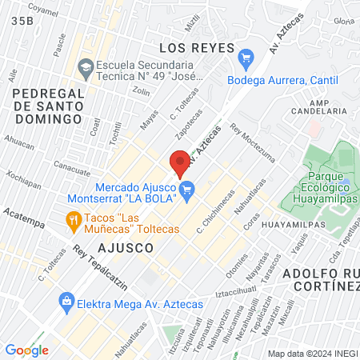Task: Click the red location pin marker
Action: click(180, 163)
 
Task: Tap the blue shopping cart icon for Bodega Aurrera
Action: click(246, 58)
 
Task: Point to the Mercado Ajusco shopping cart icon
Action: click(188, 190)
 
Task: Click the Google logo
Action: click(26, 350)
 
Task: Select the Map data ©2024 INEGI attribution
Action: click(312, 354)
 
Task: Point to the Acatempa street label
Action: click(21, 216)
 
